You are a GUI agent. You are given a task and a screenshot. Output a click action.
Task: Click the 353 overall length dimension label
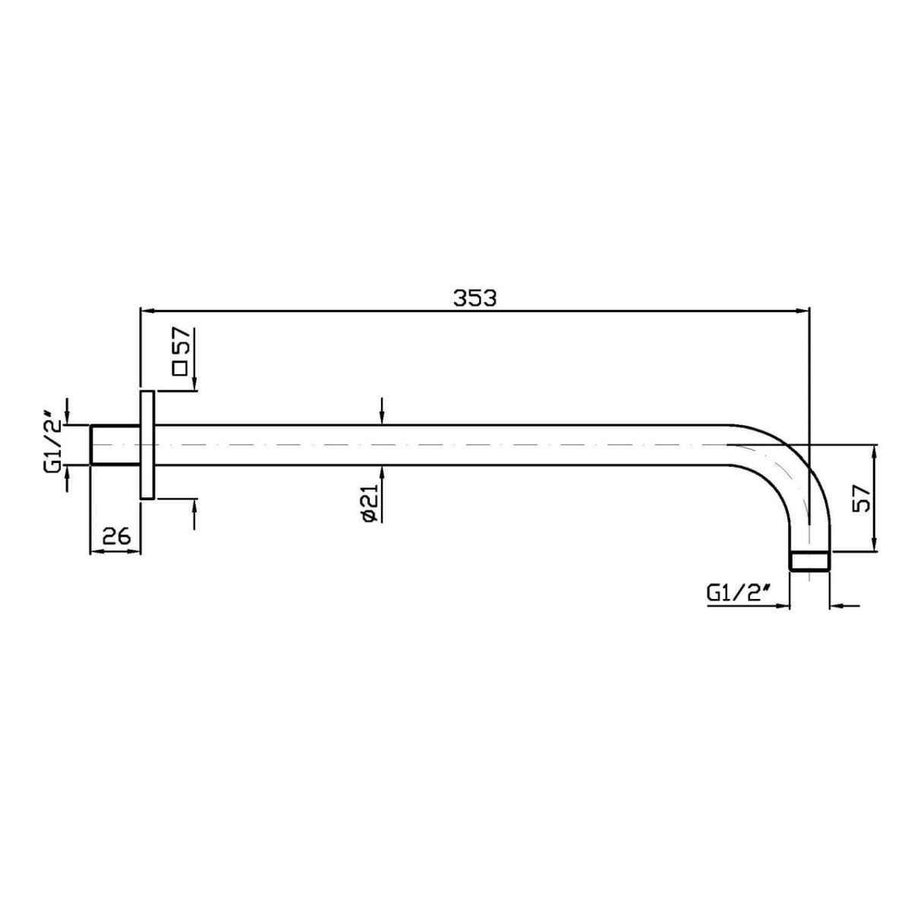click(x=474, y=298)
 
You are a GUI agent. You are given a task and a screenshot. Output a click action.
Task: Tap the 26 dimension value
click(x=116, y=537)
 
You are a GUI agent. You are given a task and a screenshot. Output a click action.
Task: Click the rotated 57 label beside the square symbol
click(x=181, y=340)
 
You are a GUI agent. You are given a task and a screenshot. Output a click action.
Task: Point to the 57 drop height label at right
click(x=862, y=498)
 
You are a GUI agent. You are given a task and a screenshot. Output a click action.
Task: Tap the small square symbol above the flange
click(x=180, y=368)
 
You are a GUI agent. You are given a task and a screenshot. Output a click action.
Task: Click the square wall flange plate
click(x=147, y=445)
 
